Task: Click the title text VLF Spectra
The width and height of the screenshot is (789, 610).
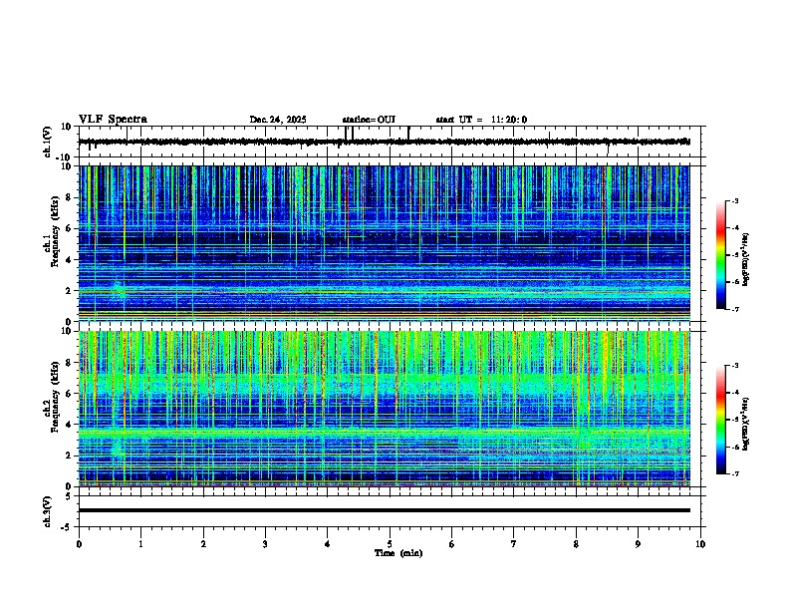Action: pyautogui.click(x=113, y=120)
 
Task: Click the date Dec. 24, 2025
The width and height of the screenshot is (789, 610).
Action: pyautogui.click(x=277, y=120)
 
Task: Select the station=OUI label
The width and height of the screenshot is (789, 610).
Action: pyautogui.click(x=369, y=120)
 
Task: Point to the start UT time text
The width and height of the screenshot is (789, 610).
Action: pyautogui.click(x=481, y=120)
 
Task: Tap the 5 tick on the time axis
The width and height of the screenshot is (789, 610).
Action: pyautogui.click(x=390, y=543)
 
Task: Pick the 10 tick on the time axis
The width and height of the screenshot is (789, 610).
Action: pyautogui.click(x=700, y=543)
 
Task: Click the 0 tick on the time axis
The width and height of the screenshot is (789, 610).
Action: pyautogui.click(x=79, y=543)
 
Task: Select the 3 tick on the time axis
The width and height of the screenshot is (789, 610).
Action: pyautogui.click(x=265, y=543)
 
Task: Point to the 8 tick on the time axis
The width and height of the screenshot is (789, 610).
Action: pyautogui.click(x=576, y=543)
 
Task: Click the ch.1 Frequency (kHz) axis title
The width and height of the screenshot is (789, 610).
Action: pyautogui.click(x=52, y=244)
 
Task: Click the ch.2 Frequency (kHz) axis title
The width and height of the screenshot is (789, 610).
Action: pyautogui.click(x=52, y=409)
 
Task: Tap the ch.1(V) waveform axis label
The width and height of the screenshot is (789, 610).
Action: pyautogui.click(x=48, y=143)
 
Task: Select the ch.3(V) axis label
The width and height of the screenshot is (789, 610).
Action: pyautogui.click(x=48, y=509)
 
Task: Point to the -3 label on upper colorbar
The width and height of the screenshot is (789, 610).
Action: pyautogui.click(x=734, y=202)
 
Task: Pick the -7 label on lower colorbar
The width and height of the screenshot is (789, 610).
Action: pyautogui.click(x=734, y=474)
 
